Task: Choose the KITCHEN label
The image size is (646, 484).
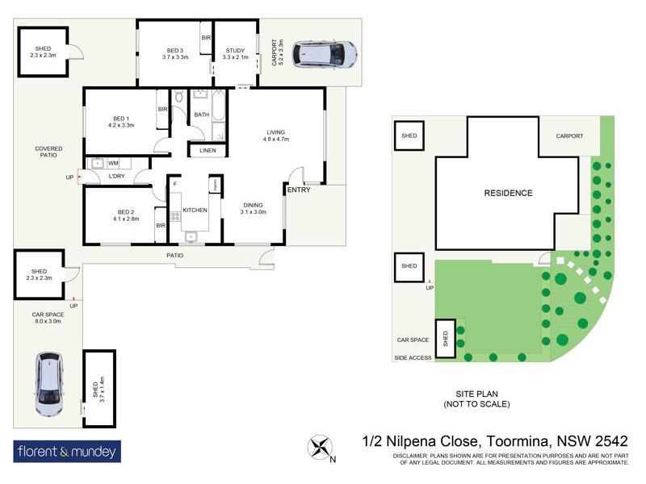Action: tap(195, 210)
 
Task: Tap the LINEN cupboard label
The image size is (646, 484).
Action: tap(208, 151)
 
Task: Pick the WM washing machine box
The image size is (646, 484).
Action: tap(113, 164)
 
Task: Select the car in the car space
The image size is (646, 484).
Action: tap(48, 383)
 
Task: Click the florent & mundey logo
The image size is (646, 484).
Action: tap(67, 451)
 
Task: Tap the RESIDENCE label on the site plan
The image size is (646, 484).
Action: tap(508, 193)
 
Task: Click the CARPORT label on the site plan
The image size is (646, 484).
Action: tap(569, 136)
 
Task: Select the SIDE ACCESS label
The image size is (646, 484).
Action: tap(413, 357)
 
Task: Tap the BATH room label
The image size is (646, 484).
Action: tap(201, 115)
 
